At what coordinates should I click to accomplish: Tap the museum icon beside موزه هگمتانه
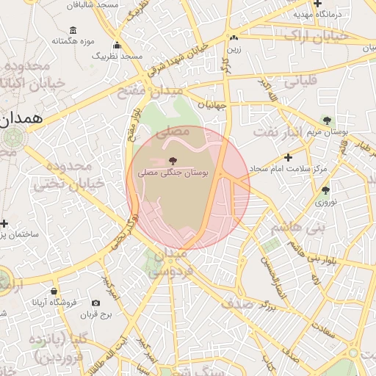pyautogui.click(x=73, y=30)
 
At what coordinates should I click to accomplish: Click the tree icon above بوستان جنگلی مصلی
pyautogui.click(x=173, y=159)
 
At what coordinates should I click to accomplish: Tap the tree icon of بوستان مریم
pyautogui.click(x=327, y=120)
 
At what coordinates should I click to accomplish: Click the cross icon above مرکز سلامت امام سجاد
pyautogui.click(x=288, y=157)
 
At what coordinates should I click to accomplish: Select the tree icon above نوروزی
pyautogui.click(x=325, y=190)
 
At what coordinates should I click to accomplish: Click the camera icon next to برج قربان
pyautogui.click(x=96, y=303)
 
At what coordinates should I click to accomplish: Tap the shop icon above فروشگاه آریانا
pyautogui.click(x=54, y=290)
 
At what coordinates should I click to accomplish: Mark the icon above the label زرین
pyautogui.click(x=234, y=38)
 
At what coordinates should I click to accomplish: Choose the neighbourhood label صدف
pyautogui.click(x=238, y=303)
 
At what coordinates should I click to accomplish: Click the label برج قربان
pyautogui.click(x=95, y=315)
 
